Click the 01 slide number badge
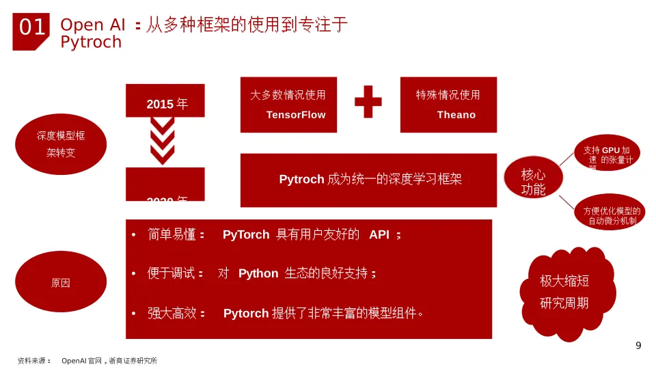click(31, 28)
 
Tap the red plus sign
click(368, 102)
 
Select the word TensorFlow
click(296, 115)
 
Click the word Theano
click(456, 115)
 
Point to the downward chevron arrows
click(163, 140)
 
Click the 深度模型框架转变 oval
click(61, 144)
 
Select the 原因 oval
click(61, 282)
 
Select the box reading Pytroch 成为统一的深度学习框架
click(369, 180)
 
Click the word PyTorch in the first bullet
click(246, 235)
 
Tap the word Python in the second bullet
click(258, 273)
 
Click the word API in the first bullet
click(379, 235)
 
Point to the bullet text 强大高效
click(172, 313)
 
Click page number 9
click(638, 346)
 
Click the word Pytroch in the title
click(91, 42)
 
